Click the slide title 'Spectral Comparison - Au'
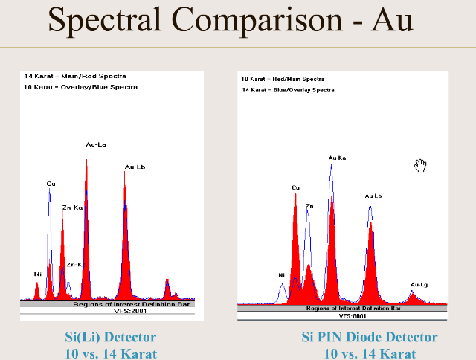click(231, 20)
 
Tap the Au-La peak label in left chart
click(96, 144)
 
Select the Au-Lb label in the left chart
click(135, 167)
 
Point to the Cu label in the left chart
click(51, 183)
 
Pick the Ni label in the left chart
click(37, 274)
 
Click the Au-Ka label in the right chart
click(337, 158)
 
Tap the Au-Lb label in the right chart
click(373, 196)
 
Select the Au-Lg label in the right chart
click(419, 284)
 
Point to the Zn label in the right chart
click(309, 205)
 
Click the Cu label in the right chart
click(295, 187)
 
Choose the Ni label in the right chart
click(282, 275)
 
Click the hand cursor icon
click(420, 165)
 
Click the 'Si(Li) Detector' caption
click(111, 338)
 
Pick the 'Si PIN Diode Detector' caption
click(370, 338)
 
